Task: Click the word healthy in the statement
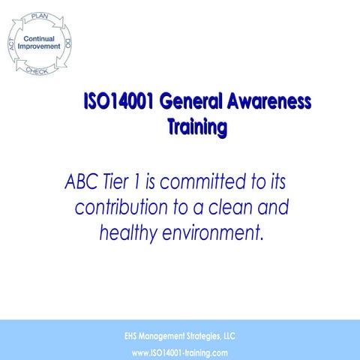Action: point(127,233)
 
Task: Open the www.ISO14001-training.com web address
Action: point(179,352)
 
